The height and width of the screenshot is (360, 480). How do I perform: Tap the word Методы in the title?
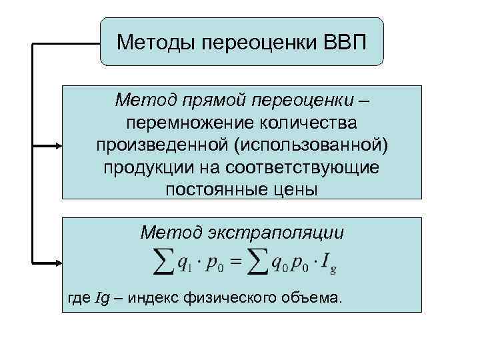[152, 42]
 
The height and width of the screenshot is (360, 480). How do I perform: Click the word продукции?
[143, 167]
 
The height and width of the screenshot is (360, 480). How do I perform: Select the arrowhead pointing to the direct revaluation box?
[57, 146]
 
